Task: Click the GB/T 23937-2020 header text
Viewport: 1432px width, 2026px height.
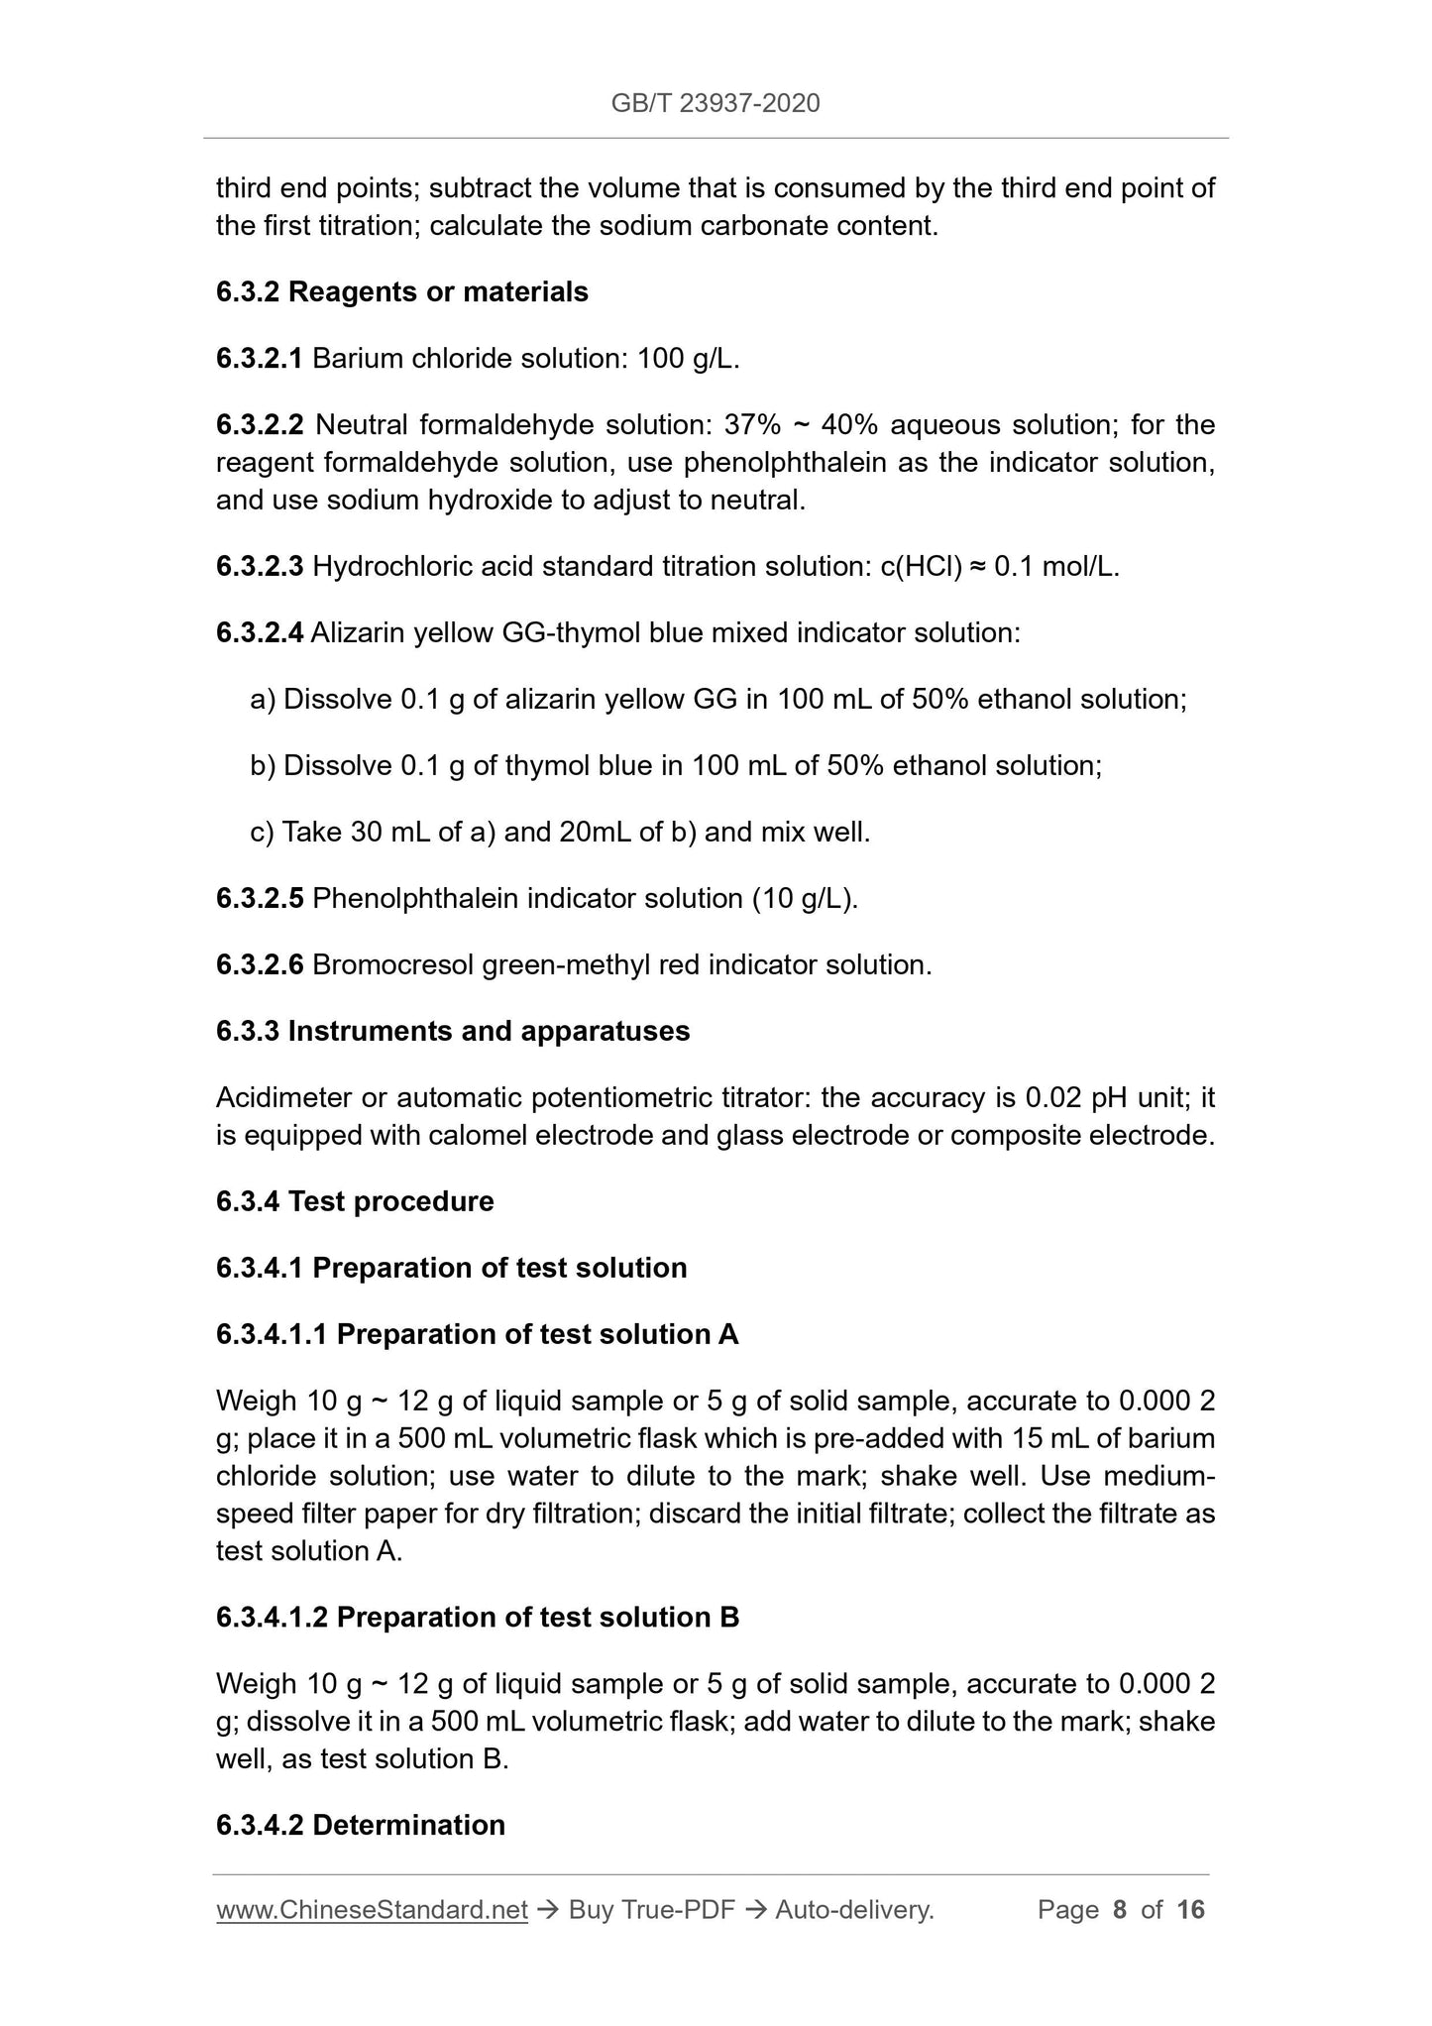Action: pos(715,103)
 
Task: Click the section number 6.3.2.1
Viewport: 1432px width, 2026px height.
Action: pos(259,359)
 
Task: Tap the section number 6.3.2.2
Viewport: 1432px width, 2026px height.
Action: pos(260,425)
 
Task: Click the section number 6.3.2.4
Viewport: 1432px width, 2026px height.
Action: pos(259,633)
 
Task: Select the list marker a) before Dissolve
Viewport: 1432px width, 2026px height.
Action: pos(263,700)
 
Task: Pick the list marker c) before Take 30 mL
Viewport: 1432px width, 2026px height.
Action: pos(263,833)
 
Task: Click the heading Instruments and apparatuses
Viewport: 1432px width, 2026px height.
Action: pos(489,1032)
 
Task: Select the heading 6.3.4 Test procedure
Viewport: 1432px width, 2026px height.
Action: pos(355,1202)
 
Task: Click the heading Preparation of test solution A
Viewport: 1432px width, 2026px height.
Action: pos(537,1335)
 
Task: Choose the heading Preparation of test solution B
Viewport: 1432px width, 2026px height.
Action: pos(537,1619)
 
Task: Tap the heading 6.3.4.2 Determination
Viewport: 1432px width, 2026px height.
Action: pos(361,1826)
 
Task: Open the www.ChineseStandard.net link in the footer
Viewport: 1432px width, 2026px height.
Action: pos(372,1910)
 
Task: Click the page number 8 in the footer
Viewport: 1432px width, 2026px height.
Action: pos(1120,1910)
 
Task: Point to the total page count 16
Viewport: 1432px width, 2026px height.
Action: pos(1190,1910)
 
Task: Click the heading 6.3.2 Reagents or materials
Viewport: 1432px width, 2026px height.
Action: pos(402,292)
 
